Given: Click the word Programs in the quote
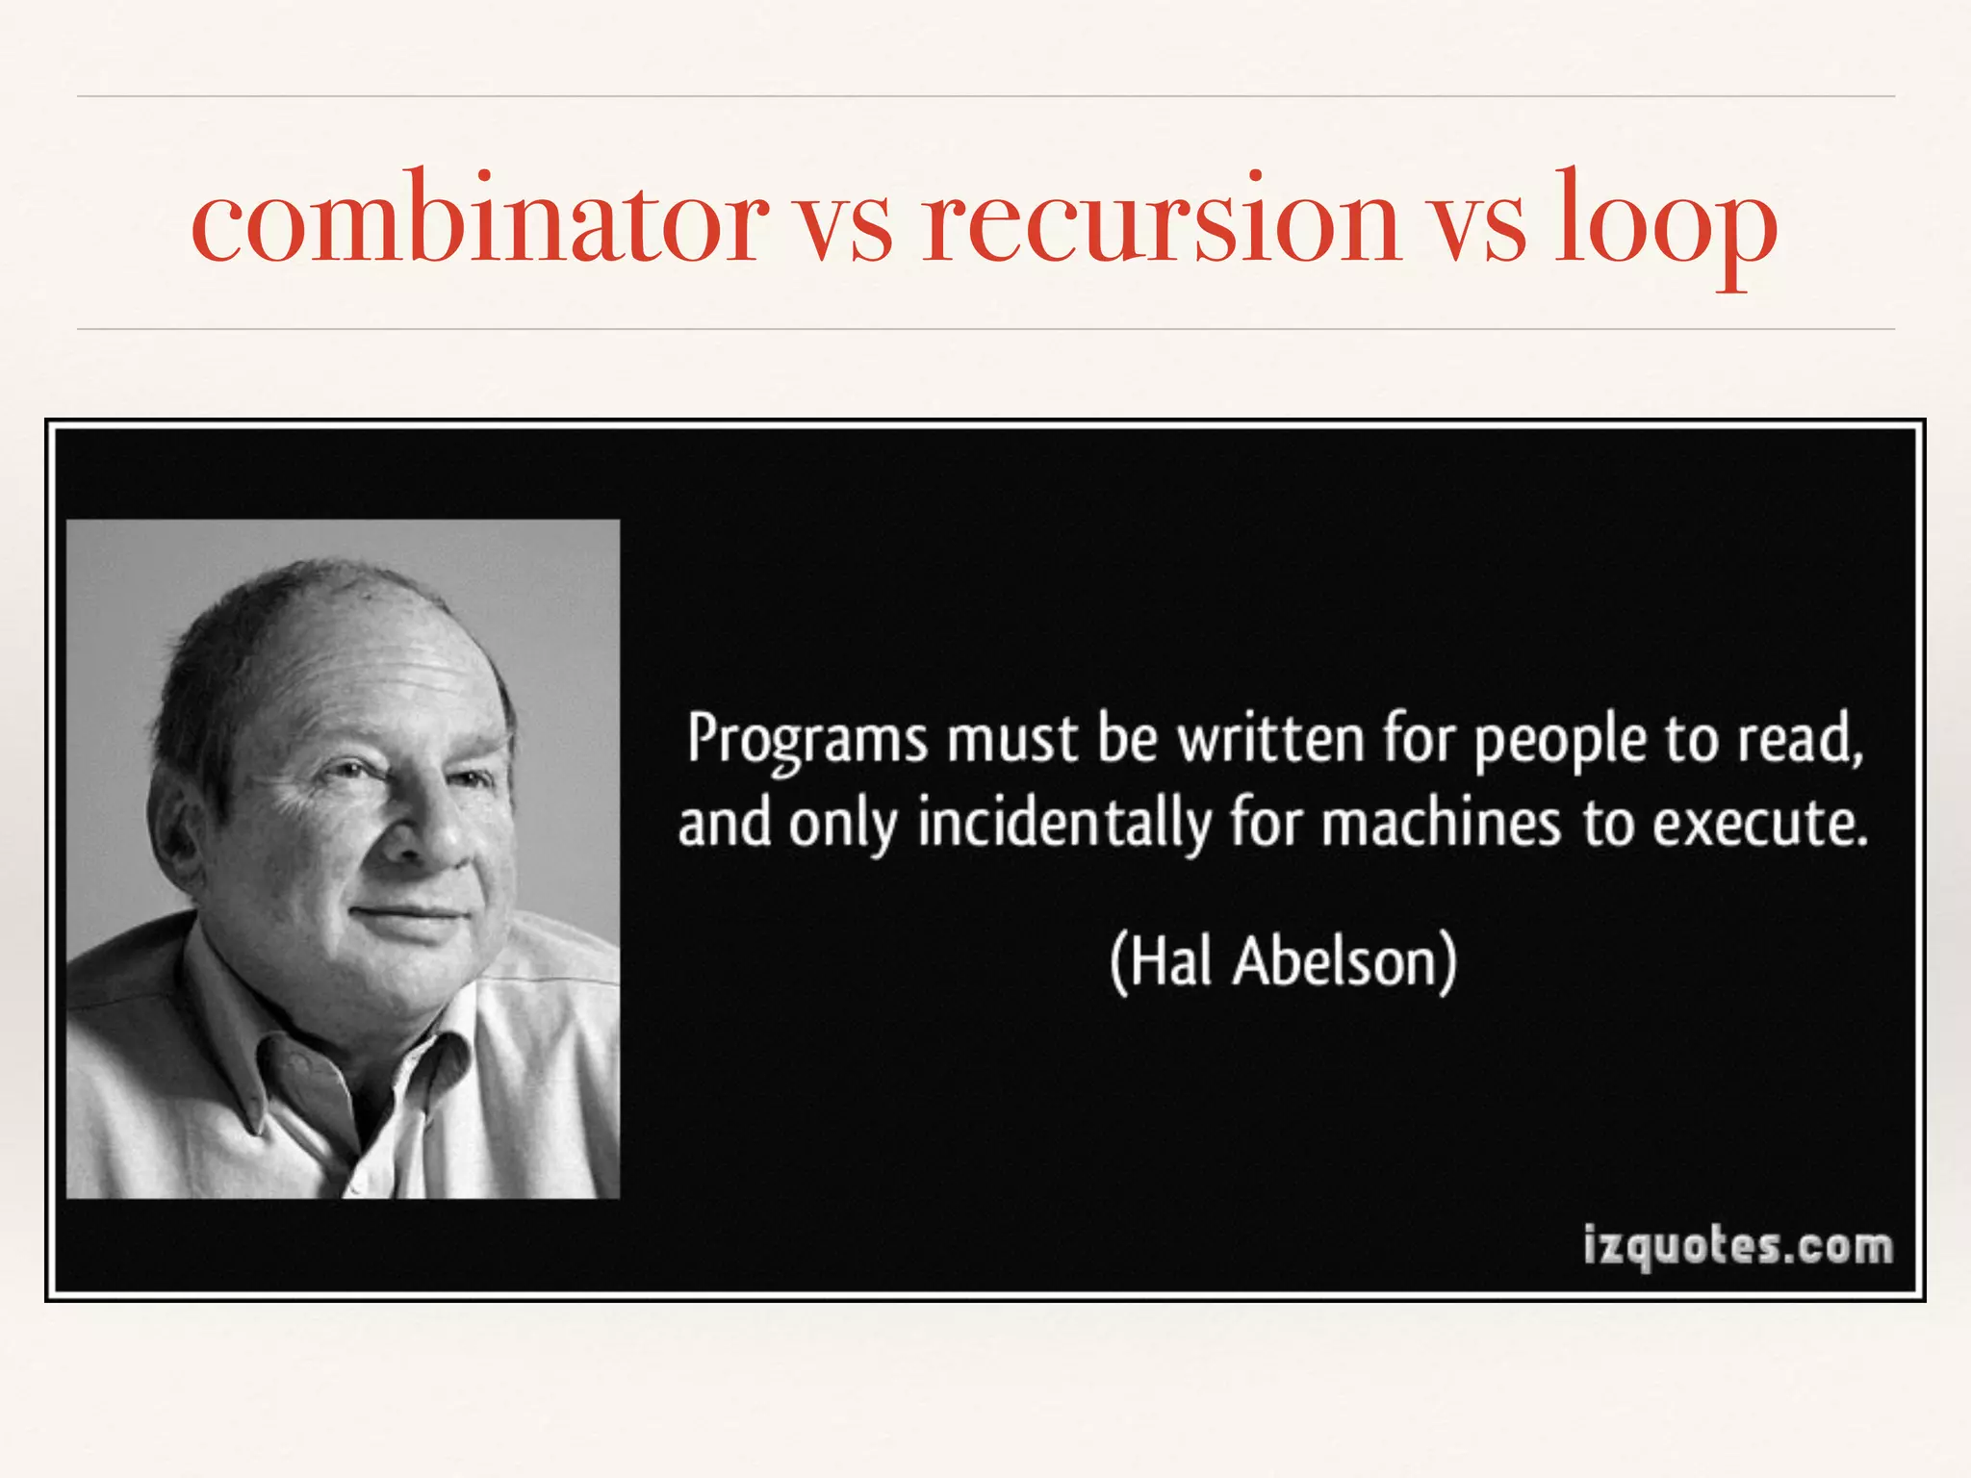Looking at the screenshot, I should [x=807, y=741].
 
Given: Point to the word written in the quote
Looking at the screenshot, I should [x=1271, y=739].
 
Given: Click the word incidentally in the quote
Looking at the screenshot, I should [x=1064, y=826].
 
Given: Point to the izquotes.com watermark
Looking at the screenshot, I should [x=1738, y=1247].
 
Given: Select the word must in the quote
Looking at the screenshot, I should [x=1011, y=741].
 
